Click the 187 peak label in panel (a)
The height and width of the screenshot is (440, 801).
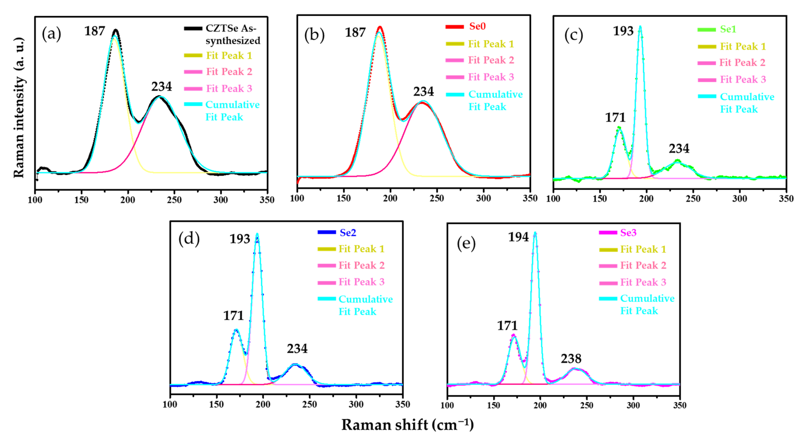[94, 31]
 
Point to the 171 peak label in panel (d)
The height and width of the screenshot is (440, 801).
[233, 316]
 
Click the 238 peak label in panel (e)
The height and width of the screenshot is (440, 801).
[571, 359]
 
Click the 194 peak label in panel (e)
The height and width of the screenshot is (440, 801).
[518, 237]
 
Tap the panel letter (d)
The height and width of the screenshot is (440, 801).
[189, 239]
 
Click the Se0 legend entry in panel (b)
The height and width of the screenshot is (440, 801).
[477, 26]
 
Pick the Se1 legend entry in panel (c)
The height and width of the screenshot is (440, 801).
[728, 29]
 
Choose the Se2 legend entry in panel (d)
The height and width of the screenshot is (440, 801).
[348, 233]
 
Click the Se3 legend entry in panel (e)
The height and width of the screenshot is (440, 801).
[628, 233]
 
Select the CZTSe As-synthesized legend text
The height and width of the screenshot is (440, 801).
[233, 34]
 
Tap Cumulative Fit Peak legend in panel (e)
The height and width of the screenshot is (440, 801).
[647, 304]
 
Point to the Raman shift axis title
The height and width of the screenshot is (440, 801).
[407, 425]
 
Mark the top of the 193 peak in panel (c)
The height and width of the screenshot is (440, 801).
[640, 27]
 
